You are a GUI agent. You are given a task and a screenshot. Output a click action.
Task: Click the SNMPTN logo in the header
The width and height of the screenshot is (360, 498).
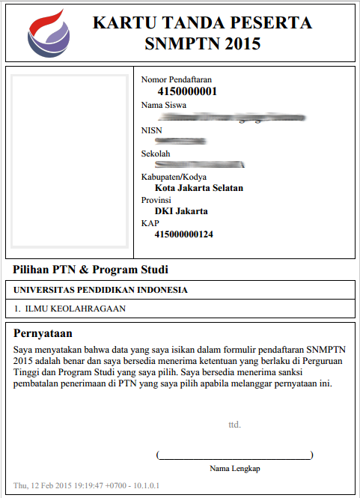pyautogui.click(x=49, y=33)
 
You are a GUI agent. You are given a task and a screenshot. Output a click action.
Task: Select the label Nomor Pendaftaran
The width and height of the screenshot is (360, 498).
pyautogui.click(x=177, y=79)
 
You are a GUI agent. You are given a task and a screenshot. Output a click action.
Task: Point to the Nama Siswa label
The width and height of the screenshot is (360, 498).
pyautogui.click(x=164, y=105)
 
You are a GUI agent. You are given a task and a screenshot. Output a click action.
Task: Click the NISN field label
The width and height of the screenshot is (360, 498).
pyautogui.click(x=151, y=130)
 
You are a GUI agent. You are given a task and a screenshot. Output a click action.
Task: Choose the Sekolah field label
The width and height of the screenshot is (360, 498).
pyautogui.click(x=156, y=154)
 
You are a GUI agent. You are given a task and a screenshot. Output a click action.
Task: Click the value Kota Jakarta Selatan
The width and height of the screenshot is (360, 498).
pyautogui.click(x=198, y=188)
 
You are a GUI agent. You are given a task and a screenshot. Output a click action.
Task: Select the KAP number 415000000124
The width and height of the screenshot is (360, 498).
pyautogui.click(x=183, y=234)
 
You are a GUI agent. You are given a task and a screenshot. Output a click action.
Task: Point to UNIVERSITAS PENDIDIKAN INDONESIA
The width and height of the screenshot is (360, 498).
pyautogui.click(x=100, y=290)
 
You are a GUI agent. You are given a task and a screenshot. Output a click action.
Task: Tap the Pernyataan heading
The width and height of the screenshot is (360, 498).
pyautogui.click(x=48, y=332)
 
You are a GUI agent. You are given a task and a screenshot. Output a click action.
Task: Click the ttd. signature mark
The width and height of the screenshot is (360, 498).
pyautogui.click(x=234, y=425)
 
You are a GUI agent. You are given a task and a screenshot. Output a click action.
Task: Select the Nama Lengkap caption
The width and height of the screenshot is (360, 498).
pyautogui.click(x=235, y=468)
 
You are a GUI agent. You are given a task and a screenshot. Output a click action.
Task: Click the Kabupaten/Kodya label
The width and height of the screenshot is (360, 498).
pyautogui.click(x=174, y=177)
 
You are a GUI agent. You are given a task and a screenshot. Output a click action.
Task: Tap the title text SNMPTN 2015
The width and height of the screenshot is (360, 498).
pyautogui.click(x=202, y=43)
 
